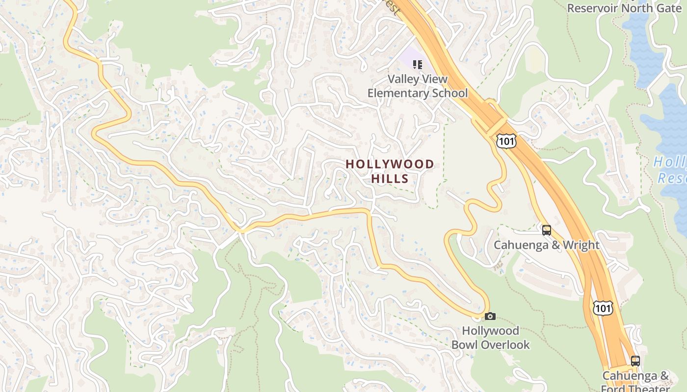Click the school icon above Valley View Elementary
point(418,64)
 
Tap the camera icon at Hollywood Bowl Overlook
point(490,316)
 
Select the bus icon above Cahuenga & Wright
point(546,230)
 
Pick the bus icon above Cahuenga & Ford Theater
point(635,361)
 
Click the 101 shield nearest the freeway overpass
point(505,141)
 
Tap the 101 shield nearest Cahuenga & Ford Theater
point(602,308)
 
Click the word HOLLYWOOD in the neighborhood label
point(390,164)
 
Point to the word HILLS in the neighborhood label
point(390,179)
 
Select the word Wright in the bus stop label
point(581,245)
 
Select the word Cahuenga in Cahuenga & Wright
point(520,245)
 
